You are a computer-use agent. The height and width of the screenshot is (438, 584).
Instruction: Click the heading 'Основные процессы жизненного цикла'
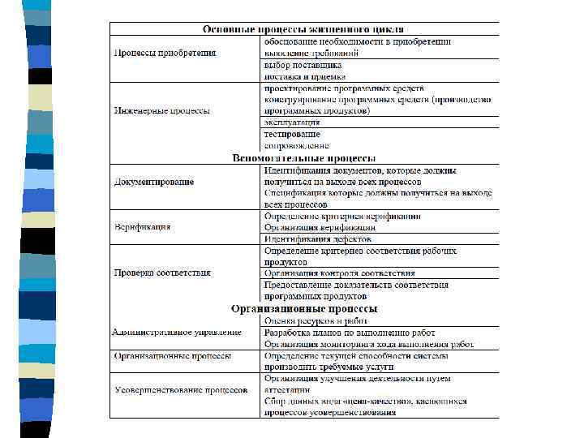(304, 28)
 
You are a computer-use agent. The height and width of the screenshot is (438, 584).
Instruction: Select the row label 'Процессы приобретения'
(165, 53)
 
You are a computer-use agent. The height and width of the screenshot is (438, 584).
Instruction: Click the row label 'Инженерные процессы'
(162, 110)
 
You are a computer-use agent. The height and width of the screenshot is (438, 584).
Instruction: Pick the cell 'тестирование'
(291, 133)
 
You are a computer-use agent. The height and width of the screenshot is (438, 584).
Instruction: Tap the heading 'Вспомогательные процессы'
(304, 157)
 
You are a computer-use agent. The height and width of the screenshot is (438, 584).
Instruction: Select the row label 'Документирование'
(154, 182)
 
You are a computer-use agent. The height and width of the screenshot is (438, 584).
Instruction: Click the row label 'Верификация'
(142, 227)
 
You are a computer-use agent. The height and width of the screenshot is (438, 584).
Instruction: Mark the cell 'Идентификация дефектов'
(317, 239)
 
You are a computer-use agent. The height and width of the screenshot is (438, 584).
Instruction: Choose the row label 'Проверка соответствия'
(162, 273)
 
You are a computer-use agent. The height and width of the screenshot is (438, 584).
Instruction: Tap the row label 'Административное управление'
(177, 333)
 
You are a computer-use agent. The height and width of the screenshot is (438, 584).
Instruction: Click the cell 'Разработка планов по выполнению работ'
(350, 333)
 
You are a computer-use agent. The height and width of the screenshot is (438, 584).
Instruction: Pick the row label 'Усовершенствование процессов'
(181, 389)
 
